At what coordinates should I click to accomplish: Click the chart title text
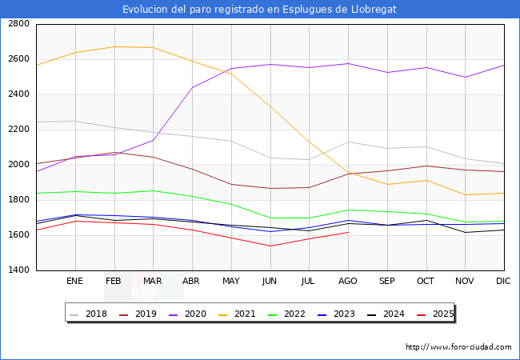coord(259,10)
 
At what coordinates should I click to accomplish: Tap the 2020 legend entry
coord(188,314)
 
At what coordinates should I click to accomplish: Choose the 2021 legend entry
coord(237,314)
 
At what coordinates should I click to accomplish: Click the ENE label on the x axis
coord(75,282)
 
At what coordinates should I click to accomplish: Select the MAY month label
coord(231,282)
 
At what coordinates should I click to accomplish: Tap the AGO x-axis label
coord(348,282)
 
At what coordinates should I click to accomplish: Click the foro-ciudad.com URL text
coord(458,347)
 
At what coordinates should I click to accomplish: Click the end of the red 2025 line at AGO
coord(348,232)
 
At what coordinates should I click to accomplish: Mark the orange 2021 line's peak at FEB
coord(114,46)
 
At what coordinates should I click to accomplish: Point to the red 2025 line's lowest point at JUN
coord(270,246)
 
